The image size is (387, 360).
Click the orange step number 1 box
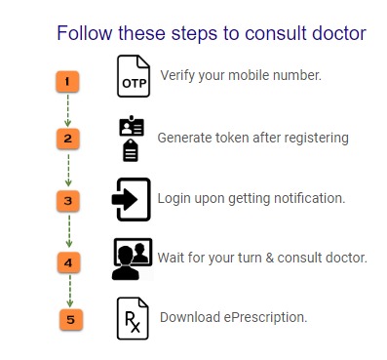[x=67, y=82]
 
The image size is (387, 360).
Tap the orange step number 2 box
[x=67, y=139]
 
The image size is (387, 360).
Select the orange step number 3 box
[x=68, y=201]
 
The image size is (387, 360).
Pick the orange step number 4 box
[x=68, y=262]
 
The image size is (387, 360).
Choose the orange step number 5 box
[x=71, y=320]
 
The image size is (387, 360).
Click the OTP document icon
[x=134, y=76]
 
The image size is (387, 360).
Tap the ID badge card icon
[x=132, y=126]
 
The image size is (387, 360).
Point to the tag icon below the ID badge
[x=131, y=150]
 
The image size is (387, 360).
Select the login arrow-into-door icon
[x=132, y=199]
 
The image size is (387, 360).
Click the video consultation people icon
[x=133, y=260]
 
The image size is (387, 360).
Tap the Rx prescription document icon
[x=133, y=318]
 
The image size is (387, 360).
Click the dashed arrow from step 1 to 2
[x=67, y=110]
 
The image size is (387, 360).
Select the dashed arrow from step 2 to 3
[x=68, y=170]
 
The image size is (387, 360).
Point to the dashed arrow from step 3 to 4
[x=69, y=231]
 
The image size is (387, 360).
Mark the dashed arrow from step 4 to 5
[x=70, y=291]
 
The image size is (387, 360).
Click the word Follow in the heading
[x=84, y=33]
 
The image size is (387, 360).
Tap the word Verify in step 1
[x=177, y=75]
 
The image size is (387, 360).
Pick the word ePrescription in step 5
[x=265, y=317]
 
